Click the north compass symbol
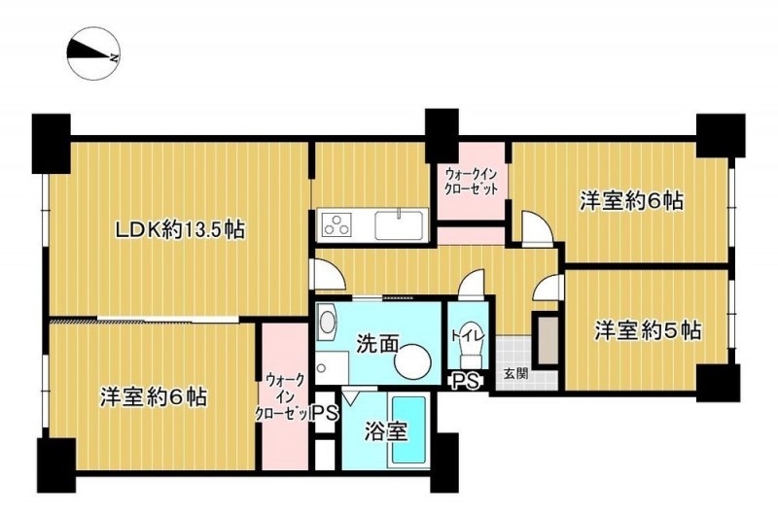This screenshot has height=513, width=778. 93,54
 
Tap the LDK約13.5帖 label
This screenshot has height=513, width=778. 180,230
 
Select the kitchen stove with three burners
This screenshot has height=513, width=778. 337,224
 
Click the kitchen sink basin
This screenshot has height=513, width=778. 399,225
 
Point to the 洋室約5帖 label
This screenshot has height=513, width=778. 648,330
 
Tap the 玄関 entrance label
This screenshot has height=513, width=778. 516,373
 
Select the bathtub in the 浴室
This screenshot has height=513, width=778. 409,429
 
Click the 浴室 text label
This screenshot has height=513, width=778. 385,431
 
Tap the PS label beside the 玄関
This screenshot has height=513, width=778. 466,381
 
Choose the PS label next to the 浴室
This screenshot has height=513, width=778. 326,413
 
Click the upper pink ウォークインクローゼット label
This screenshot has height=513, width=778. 471,182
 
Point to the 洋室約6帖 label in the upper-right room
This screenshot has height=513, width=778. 631,201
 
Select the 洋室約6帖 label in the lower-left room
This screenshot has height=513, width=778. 154,397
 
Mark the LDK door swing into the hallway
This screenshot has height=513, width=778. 327,274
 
